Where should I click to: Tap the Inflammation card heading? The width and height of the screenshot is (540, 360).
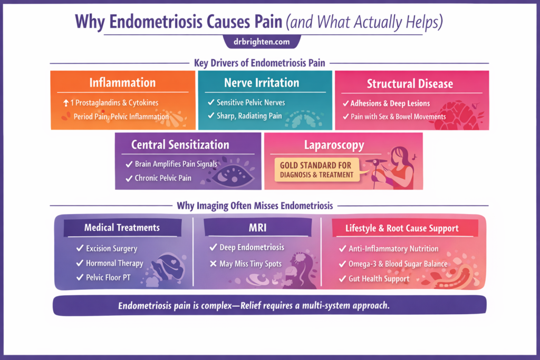click(122, 83)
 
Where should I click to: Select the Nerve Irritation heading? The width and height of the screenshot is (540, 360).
click(262, 83)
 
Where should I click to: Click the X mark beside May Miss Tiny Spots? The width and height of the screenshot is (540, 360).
click(213, 264)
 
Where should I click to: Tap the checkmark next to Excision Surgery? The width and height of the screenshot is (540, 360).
click(80, 248)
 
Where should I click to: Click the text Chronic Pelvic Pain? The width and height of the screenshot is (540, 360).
click(162, 178)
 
